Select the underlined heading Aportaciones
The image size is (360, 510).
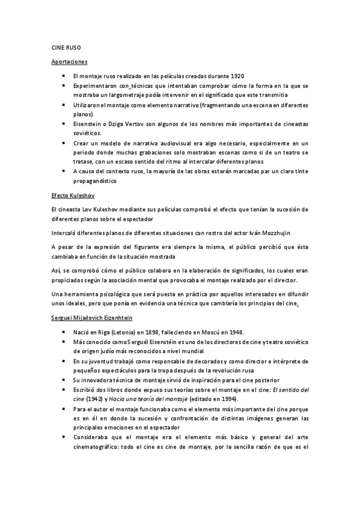click(69, 61)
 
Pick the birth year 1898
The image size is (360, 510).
click(160, 333)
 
